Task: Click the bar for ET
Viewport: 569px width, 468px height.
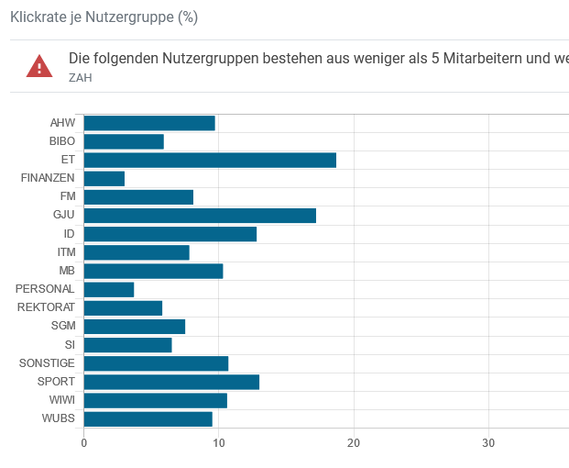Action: pyautogui.click(x=210, y=160)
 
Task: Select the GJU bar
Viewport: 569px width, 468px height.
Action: pyautogui.click(x=200, y=216)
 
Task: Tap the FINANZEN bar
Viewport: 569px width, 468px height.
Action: pyautogui.click(x=104, y=178)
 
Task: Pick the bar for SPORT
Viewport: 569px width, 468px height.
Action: pyautogui.click(x=171, y=382)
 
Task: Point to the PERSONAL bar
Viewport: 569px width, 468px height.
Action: pyautogui.click(x=108, y=289)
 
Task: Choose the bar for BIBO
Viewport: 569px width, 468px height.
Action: pyautogui.click(x=124, y=141)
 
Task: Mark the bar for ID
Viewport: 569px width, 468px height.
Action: pyautogui.click(x=170, y=234)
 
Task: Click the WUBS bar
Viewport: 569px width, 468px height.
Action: pyautogui.click(x=148, y=418)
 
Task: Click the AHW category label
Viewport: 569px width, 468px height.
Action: pyautogui.click(x=62, y=123)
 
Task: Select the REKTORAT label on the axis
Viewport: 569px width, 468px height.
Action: pyautogui.click(x=46, y=307)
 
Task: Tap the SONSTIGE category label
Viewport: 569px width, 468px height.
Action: pyautogui.click(x=47, y=363)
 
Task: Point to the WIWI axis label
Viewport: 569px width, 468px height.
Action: pyautogui.click(x=60, y=400)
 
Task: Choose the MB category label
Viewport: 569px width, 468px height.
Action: pyautogui.click(x=67, y=271)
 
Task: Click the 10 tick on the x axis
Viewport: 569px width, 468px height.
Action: pyautogui.click(x=219, y=443)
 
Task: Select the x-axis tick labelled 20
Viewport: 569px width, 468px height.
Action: pyautogui.click(x=354, y=443)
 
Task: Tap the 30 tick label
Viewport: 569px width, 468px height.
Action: pyautogui.click(x=488, y=443)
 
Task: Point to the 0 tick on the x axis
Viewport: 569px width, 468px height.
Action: pyautogui.click(x=84, y=443)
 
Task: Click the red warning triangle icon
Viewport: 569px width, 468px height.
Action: pyautogui.click(x=38, y=66)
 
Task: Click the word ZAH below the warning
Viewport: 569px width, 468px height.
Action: pyautogui.click(x=81, y=78)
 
